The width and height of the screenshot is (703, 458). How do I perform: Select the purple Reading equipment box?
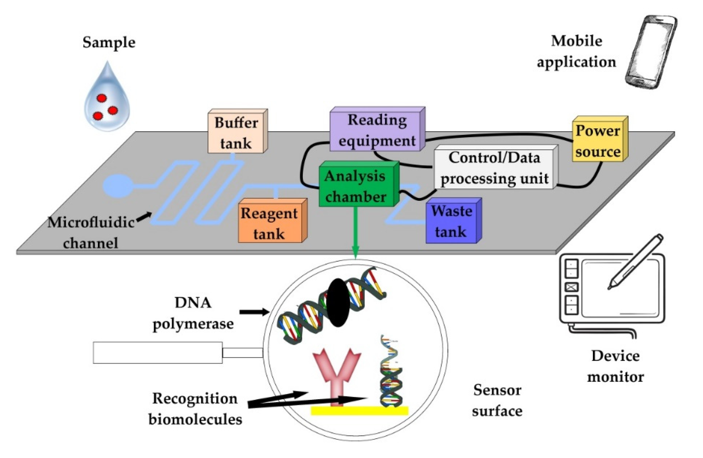(377, 130)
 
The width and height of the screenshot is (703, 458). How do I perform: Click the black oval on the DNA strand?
(338, 303)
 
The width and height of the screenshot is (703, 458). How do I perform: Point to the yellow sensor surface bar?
(359, 410)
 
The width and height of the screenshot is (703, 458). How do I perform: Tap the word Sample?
(109, 42)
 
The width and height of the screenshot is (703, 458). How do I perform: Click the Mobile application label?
(576, 51)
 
